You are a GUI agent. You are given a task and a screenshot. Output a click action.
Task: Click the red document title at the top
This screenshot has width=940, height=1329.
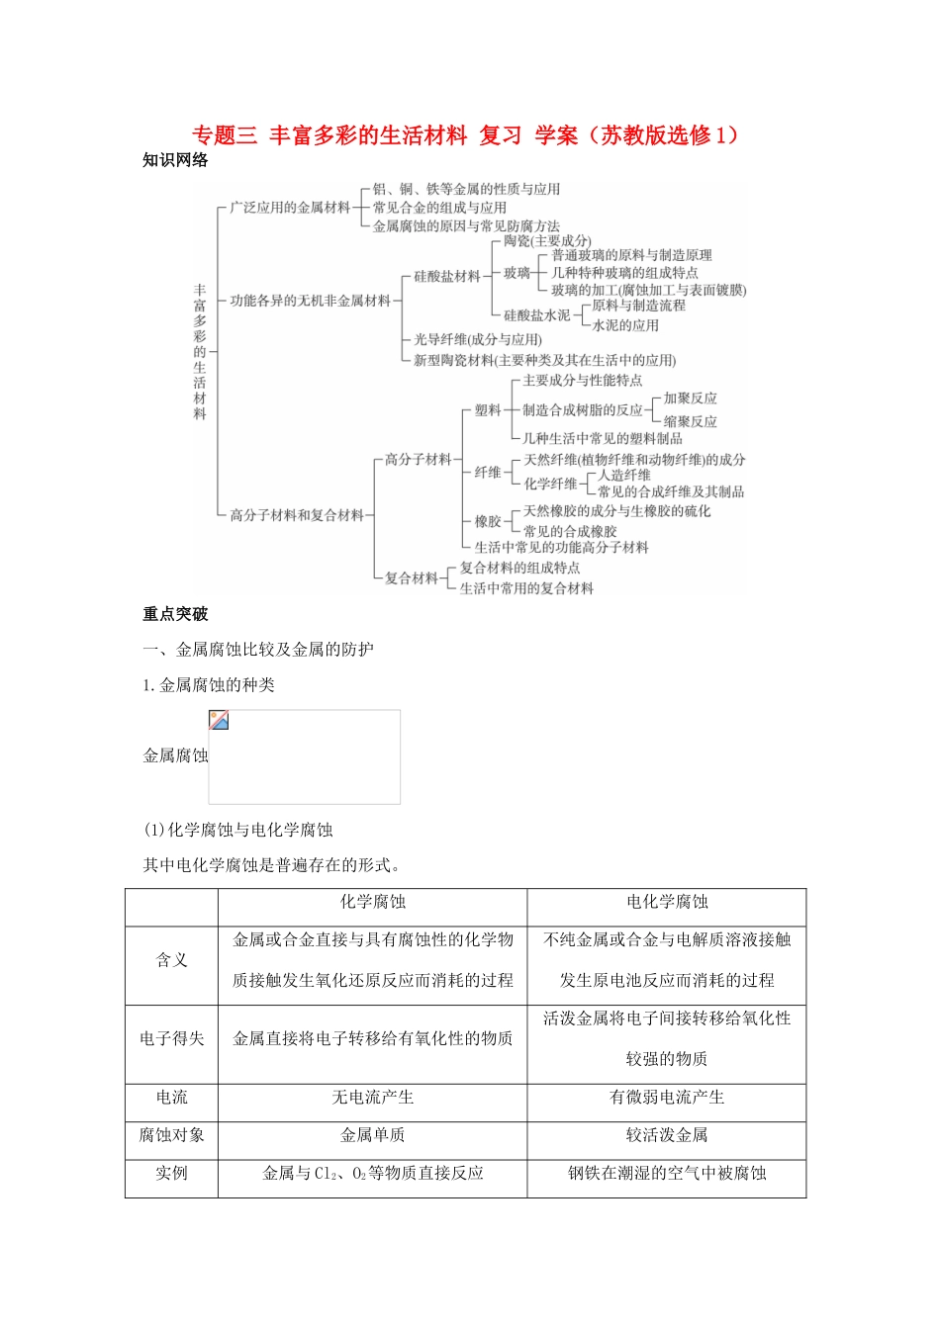click(x=465, y=135)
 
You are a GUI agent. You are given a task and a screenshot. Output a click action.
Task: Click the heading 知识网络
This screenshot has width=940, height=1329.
click(x=175, y=160)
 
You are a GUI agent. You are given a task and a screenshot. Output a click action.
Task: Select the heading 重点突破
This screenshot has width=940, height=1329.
click(x=175, y=614)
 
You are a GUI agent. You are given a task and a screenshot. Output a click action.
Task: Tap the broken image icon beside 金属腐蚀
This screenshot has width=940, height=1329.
click(x=220, y=721)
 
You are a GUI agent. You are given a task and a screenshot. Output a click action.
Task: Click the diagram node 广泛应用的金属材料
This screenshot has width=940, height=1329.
click(x=290, y=208)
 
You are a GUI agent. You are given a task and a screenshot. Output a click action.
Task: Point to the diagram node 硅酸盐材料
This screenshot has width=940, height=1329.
click(x=447, y=277)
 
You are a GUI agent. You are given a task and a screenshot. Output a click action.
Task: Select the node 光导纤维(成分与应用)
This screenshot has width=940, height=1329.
click(x=478, y=339)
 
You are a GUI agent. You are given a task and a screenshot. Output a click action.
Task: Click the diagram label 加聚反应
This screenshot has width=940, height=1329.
click(x=691, y=398)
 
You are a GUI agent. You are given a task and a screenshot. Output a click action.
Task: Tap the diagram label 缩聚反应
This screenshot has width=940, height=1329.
click(x=691, y=420)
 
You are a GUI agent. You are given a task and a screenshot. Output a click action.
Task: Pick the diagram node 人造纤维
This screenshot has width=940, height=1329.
click(x=624, y=475)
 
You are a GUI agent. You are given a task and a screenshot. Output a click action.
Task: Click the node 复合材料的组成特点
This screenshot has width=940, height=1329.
click(x=520, y=568)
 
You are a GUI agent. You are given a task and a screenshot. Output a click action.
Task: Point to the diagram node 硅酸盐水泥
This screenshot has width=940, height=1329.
click(x=537, y=315)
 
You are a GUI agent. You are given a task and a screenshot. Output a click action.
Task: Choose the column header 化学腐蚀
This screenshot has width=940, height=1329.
click(x=372, y=902)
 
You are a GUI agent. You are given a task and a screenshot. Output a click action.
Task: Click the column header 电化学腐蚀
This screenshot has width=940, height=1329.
click(x=667, y=902)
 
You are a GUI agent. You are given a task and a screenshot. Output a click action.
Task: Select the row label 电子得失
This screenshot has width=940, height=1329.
click(x=171, y=1038)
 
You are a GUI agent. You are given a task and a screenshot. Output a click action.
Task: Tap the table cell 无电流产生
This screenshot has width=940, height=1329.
click(x=372, y=1098)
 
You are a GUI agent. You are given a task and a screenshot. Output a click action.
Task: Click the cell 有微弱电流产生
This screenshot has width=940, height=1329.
click(x=667, y=1098)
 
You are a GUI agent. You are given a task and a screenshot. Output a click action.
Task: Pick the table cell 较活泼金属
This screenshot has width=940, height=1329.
click(x=667, y=1135)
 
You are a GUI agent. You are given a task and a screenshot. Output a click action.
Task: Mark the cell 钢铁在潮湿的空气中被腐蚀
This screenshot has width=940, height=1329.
click(x=667, y=1174)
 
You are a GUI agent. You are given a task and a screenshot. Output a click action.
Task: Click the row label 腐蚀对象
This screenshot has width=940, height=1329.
click(x=171, y=1135)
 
